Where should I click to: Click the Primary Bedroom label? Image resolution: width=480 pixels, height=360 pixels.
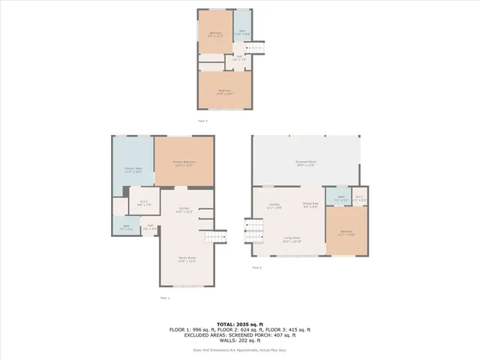coord(184,163)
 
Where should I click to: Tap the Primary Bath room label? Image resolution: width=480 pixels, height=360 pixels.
coord(132,171)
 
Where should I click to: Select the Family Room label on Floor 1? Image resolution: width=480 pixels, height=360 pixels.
coord(187,259)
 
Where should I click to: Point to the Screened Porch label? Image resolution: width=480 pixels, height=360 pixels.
coord(307,163)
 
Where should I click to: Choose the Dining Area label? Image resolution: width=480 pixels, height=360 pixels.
coord(310,203)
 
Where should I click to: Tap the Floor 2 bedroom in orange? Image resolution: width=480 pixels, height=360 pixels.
coord(346,233)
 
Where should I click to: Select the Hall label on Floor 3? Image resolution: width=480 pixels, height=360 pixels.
coord(238,57)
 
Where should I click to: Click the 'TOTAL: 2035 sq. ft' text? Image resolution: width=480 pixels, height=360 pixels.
coord(239,323)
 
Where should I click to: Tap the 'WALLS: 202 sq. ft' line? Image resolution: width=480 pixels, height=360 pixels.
coord(239,341)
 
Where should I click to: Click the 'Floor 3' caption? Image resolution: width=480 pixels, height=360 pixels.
coord(202,120)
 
